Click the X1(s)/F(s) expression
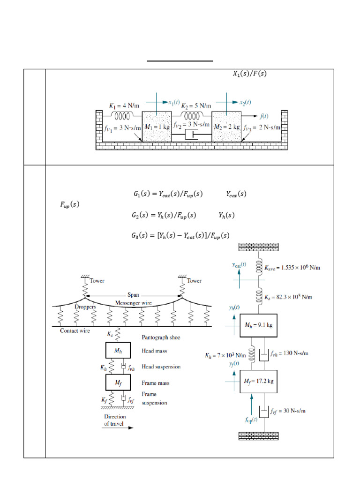pos(249,74)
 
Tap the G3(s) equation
pos(180,235)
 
